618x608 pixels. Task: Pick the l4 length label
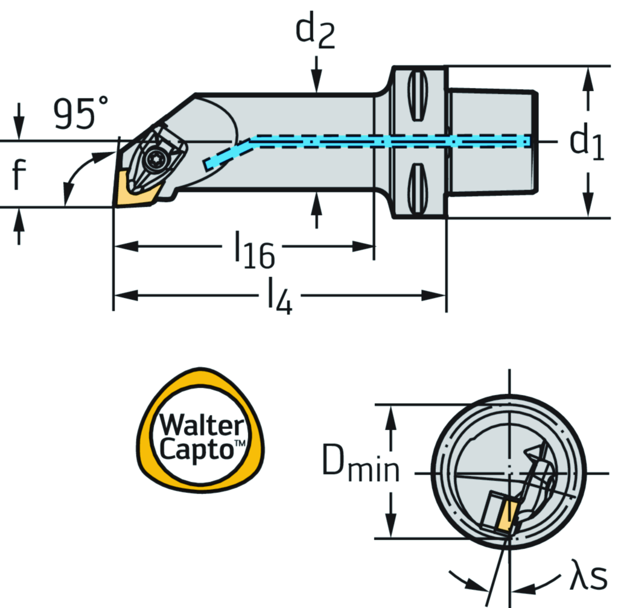[x=279, y=298]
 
